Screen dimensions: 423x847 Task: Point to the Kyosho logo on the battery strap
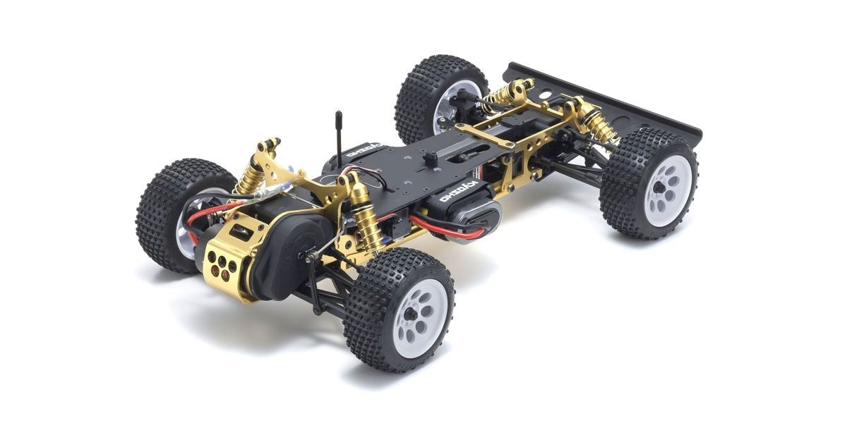tap(459, 192)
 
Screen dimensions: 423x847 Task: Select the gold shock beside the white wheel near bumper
tap(599, 125)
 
